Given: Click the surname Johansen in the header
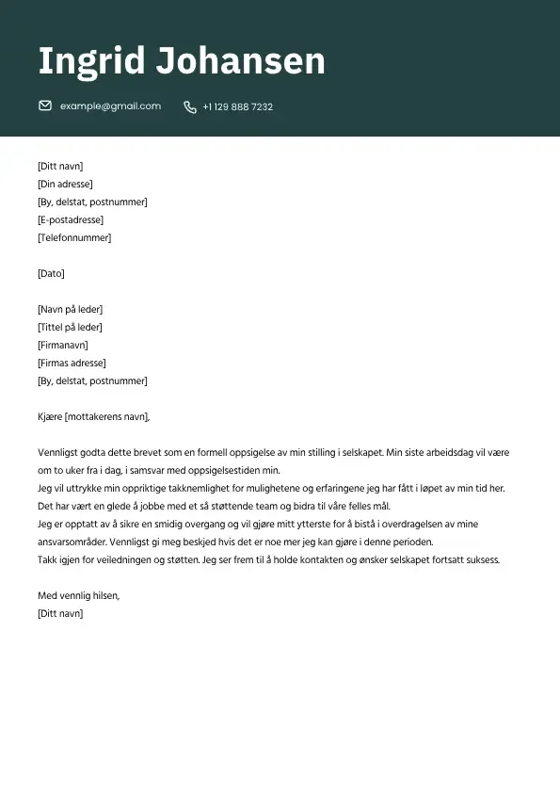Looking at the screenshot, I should pos(240,62).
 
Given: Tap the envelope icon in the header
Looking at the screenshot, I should pos(45,106).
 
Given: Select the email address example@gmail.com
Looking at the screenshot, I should pos(110,106).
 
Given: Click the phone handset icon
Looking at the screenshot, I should pos(190,107).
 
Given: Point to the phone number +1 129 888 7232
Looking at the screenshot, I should pos(237,107).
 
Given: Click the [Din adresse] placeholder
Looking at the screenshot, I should pos(65,185).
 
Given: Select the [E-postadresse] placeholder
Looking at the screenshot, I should pos(71,220).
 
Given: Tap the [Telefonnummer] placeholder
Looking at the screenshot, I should pos(74,238).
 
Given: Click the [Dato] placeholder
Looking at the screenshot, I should pos(51,274).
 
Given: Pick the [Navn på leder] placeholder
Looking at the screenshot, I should pos(70,310).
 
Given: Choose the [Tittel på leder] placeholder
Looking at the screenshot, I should pos(70,328).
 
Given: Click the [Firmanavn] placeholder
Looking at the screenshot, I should pos(62,346).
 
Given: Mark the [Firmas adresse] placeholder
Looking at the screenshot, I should pos(72,364).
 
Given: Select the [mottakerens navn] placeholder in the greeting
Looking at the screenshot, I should pos(107,417).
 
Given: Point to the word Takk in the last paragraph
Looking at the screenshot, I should pos(47,560).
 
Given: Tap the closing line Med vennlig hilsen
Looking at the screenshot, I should pos(79,596).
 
